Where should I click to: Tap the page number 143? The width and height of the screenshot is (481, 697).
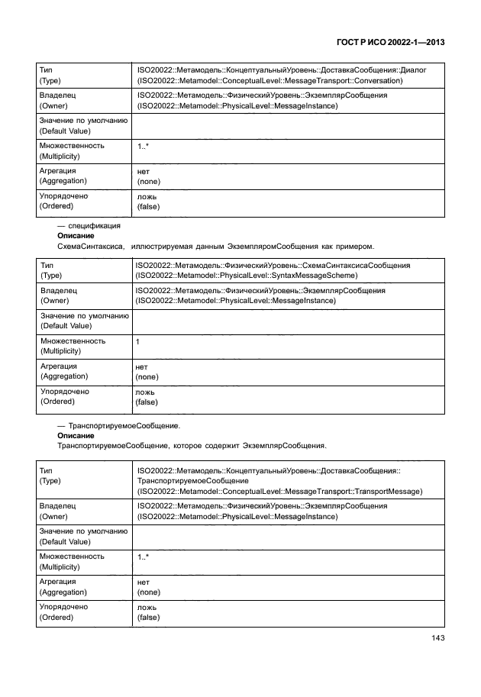coord(437,639)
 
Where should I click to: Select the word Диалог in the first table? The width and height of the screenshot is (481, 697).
coord(412,70)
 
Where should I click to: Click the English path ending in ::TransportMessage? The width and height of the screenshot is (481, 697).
coord(279,492)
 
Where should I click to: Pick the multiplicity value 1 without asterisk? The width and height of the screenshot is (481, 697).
coord(137,342)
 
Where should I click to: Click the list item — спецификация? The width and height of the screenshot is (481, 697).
coord(89,226)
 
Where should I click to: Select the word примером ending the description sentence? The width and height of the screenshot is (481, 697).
coord(353,247)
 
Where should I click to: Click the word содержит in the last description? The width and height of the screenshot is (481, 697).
coord(218,445)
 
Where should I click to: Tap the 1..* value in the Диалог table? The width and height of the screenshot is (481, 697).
coord(144,145)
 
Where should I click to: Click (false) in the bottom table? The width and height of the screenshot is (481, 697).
coord(148,617)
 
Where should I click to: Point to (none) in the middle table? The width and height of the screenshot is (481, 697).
coord(147,377)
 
